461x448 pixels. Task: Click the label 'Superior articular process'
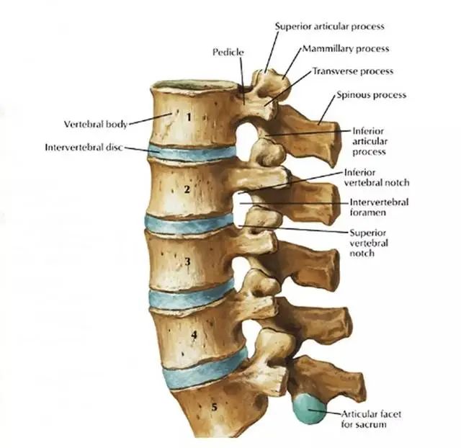[x=330, y=27]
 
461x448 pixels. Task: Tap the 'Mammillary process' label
[x=346, y=48]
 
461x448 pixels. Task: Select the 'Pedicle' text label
[x=228, y=53]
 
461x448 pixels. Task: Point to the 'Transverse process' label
[x=353, y=71]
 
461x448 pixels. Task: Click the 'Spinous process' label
[x=372, y=95]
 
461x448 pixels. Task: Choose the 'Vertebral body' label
[x=96, y=124]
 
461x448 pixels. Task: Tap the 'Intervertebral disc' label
[x=84, y=147]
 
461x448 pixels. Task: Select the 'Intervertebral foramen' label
[x=379, y=207]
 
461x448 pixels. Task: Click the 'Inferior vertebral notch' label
[x=377, y=178]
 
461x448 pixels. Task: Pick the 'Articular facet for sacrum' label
[x=371, y=419]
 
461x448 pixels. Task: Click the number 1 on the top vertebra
[x=189, y=117]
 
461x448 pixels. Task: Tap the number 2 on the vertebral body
[x=187, y=189]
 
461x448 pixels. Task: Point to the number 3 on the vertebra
[x=187, y=261]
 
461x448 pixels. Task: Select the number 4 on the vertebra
[x=194, y=335]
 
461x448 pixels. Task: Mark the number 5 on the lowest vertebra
[x=215, y=407]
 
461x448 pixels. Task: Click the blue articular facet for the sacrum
[x=309, y=409]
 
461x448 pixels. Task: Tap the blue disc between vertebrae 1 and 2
[x=192, y=153]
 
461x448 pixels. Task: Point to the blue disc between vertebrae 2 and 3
[x=189, y=224]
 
